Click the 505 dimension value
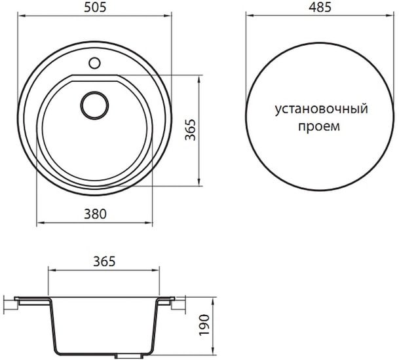click(94, 8)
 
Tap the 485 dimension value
click(320, 8)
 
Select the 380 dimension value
click(95, 214)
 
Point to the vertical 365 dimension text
click(191, 130)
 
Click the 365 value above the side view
click(104, 261)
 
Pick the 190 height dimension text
click(204, 325)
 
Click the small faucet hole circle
click(94, 63)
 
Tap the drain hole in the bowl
click(94, 105)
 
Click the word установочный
click(322, 109)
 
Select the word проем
click(319, 126)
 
